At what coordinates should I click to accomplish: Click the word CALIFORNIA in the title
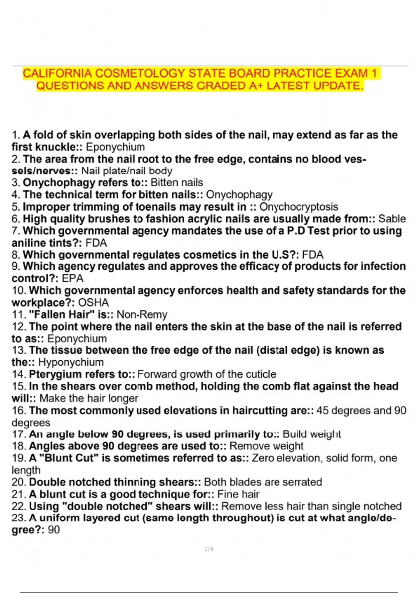57,74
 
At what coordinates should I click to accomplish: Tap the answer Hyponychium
71,362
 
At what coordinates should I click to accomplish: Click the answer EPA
73,278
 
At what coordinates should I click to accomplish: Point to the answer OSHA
93,302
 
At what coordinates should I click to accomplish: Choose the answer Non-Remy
142,315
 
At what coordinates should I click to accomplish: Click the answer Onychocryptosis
299,207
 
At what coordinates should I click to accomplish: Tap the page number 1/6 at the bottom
209,549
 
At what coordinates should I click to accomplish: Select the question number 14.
19,374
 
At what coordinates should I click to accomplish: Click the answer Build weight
312,434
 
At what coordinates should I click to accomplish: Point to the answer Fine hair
238,494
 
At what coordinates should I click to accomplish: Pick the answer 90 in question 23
54,530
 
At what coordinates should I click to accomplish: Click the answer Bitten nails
177,182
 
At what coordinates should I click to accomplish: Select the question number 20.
19,482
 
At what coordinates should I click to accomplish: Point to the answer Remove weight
266,446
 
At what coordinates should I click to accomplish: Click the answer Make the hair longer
89,398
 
